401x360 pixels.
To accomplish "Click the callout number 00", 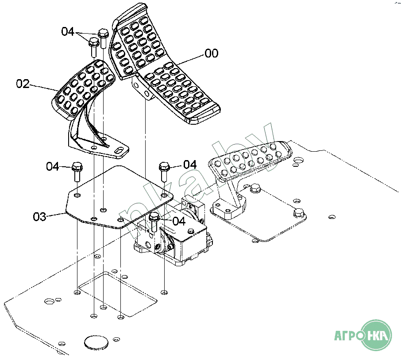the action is pyautogui.click(x=212, y=54).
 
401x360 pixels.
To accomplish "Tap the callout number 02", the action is pyautogui.click(x=23, y=84).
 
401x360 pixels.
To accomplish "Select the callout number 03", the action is pyautogui.click(x=40, y=217).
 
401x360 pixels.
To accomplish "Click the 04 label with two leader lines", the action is pyautogui.click(x=68, y=32).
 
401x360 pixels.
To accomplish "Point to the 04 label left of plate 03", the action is pyautogui.click(x=53, y=166).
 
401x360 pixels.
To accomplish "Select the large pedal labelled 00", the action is pyautogui.click(x=164, y=64).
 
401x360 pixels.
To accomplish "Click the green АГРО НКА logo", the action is pyautogui.click(x=363, y=335).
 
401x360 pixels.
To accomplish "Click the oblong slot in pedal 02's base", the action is pyautogui.click(x=119, y=150).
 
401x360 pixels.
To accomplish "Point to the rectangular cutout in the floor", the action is pyautogui.click(x=118, y=294).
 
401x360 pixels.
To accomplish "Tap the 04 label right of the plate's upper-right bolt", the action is pyautogui.click(x=190, y=165).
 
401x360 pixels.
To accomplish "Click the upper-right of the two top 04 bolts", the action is pyautogui.click(x=103, y=38).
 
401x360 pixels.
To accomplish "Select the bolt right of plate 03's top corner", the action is pyautogui.click(x=164, y=172).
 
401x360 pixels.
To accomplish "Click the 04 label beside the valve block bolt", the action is pyautogui.click(x=179, y=221).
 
